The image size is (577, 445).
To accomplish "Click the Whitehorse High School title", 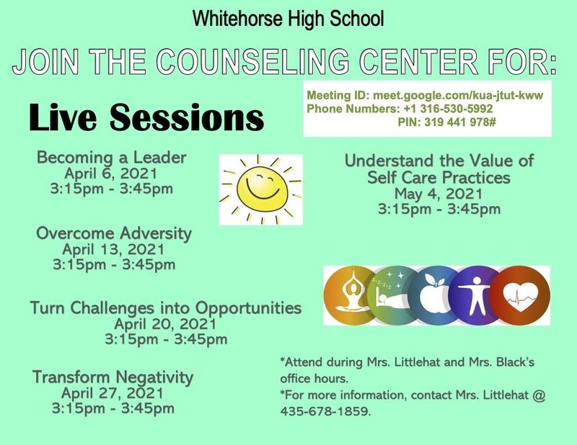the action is coord(288,19).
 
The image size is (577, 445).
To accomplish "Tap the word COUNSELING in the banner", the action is coord(252,61).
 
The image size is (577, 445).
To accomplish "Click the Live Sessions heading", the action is coord(146,117).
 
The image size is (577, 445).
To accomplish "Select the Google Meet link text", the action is coord(458,96).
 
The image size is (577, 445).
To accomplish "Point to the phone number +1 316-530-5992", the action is coord(448,109).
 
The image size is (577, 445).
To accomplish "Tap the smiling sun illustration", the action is coord(261,189).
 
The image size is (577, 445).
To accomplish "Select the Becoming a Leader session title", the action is coord(112,158).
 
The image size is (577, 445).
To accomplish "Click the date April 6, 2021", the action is coord(111,174).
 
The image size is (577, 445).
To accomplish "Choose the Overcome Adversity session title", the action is coord(114,234).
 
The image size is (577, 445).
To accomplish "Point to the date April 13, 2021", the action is coord(113,250).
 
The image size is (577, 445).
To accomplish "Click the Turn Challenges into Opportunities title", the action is coord(166,308).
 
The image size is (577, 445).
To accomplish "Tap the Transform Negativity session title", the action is coord(113,377).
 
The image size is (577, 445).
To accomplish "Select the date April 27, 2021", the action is coord(113,393).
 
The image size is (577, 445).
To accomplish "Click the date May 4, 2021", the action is coord(439,194).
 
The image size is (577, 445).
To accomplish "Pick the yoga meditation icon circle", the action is coord(350,295).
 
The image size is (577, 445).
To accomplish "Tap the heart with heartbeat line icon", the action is coord(520,295).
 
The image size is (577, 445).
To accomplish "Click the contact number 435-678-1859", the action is coord(325,411).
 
